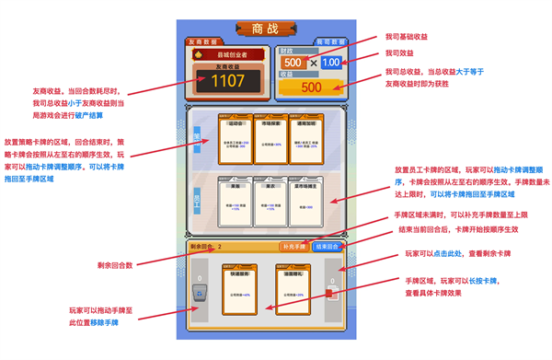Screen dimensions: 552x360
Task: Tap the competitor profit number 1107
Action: click(x=227, y=81)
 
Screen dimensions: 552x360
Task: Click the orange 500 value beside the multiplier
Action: click(x=293, y=63)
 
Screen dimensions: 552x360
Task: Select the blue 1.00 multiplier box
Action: click(x=329, y=63)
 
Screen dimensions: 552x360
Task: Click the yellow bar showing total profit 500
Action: click(x=311, y=87)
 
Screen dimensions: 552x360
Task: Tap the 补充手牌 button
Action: click(x=293, y=247)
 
